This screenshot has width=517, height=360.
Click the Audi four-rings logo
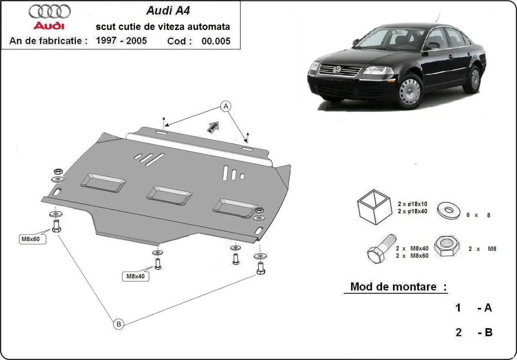pyautogui.click(x=49, y=11)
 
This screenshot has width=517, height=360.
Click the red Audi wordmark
pyautogui.click(x=49, y=25)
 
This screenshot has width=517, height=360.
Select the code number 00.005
pyautogui.click(x=215, y=41)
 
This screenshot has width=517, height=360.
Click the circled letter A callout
pyautogui.click(x=225, y=106)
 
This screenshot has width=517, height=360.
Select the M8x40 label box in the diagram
pyautogui.click(x=135, y=276)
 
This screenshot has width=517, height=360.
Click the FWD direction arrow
pyautogui.click(x=213, y=128)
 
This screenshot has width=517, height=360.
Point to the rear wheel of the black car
pyautogui.click(x=474, y=79)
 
